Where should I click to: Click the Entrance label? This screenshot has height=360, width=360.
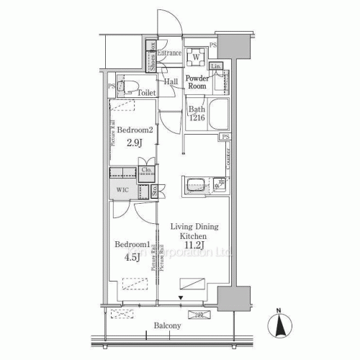[x=170, y=53]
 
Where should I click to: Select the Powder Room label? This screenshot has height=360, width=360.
[x=197, y=81]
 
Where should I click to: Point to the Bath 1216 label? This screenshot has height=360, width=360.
[x=197, y=114]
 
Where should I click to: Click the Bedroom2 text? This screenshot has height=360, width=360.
[x=135, y=130]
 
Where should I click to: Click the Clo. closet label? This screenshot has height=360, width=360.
[x=146, y=171]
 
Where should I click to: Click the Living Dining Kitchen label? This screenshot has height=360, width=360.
[x=194, y=231]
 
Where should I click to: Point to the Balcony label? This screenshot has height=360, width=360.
[x=167, y=326]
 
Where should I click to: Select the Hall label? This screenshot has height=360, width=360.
[x=171, y=82]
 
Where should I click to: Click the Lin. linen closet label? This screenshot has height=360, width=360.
[x=216, y=66]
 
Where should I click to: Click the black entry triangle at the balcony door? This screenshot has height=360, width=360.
[x=181, y=297]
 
